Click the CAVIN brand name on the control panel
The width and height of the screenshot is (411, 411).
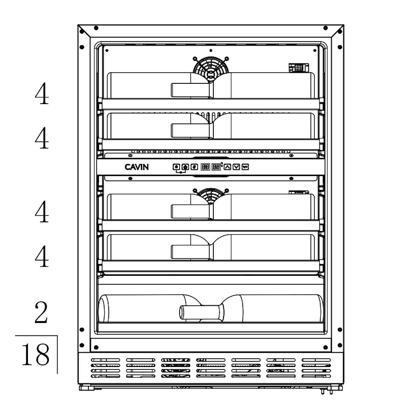pos(136,167)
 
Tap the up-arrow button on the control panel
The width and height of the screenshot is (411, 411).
pos(227,167)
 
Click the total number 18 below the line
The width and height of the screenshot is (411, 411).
pos(35,355)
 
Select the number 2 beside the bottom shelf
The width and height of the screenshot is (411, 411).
pos(41,312)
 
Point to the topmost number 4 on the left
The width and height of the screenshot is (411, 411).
pos(42,93)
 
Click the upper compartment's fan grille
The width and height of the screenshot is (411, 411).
pos(211,69)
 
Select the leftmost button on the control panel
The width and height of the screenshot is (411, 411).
pos(176,167)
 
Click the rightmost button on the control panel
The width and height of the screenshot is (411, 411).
pos(245,167)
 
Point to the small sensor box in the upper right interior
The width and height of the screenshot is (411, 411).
pos(298,68)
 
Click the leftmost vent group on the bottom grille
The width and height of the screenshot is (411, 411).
pos(105,368)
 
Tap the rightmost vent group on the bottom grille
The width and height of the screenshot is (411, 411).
pos(316,368)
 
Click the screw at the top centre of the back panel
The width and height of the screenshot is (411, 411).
pos(211,50)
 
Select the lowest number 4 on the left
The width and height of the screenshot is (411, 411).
pos(42,256)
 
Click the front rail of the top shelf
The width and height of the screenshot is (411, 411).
pos(211,104)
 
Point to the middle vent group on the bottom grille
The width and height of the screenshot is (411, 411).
pos(211,368)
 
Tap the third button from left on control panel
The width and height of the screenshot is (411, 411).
pos(194,167)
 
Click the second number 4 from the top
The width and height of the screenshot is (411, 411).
pos(42,138)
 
